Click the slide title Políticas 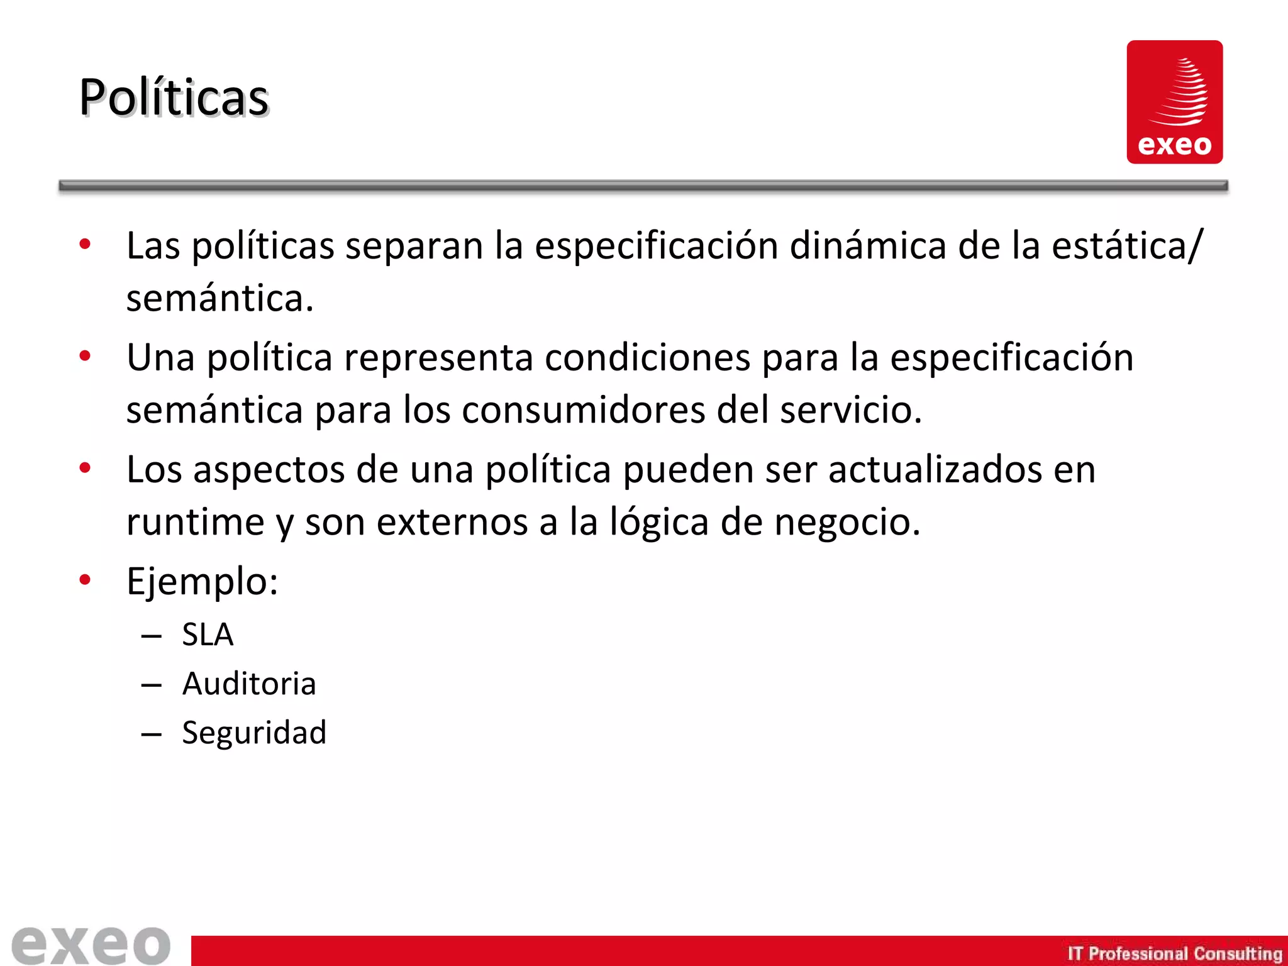pos(174,97)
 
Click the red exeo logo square pos(1174,102)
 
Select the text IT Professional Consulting pos(1174,953)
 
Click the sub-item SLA pos(208,634)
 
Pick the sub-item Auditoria pos(249,684)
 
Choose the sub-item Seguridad pos(254,733)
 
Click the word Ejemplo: pos(202,581)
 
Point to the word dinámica pos(868,245)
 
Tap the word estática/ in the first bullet pos(1127,245)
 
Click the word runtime pos(196,522)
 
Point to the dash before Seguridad pos(152,734)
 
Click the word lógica pos(659,522)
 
